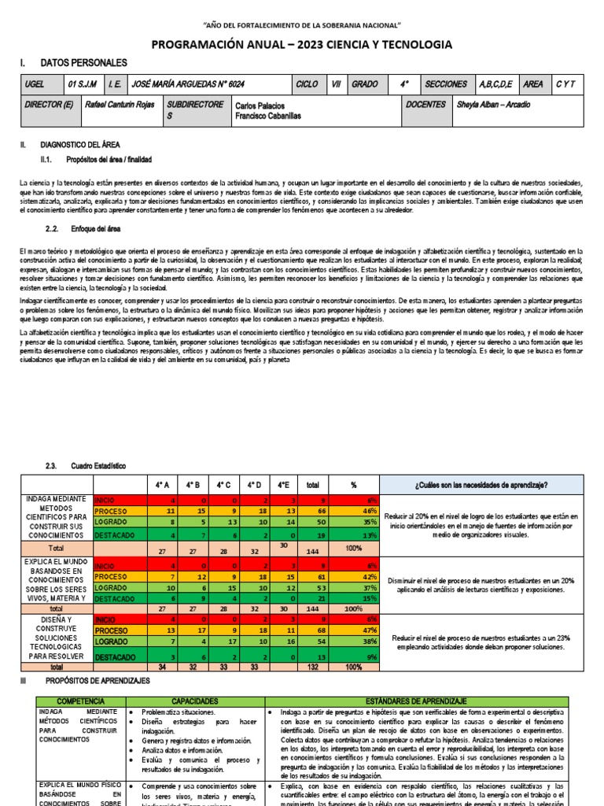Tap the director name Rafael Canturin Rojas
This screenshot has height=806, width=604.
point(119,105)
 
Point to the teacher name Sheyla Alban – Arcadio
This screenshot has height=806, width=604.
point(493,105)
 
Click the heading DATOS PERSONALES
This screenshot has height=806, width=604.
point(83,63)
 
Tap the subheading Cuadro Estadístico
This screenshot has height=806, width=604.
point(98,465)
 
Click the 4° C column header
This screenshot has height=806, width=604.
point(224,484)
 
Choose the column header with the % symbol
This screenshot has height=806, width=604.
point(353,484)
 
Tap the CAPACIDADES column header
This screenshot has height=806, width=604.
point(195,700)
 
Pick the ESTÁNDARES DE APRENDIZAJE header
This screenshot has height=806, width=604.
point(422,700)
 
